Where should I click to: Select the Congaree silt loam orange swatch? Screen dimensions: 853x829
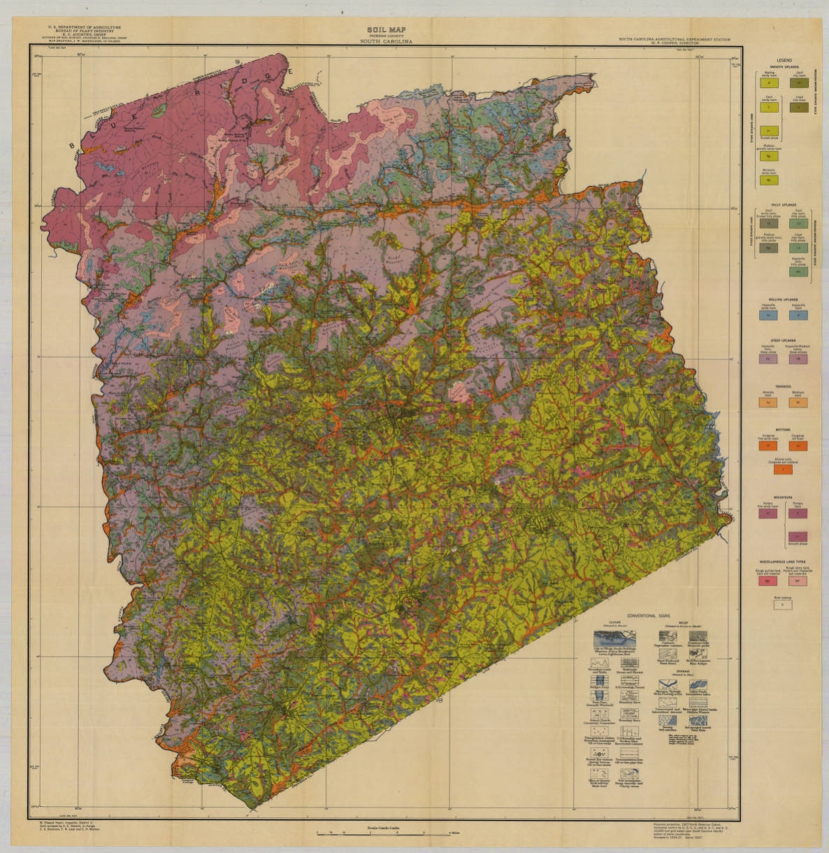tap(798, 445)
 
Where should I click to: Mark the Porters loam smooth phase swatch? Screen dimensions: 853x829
tap(798, 537)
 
